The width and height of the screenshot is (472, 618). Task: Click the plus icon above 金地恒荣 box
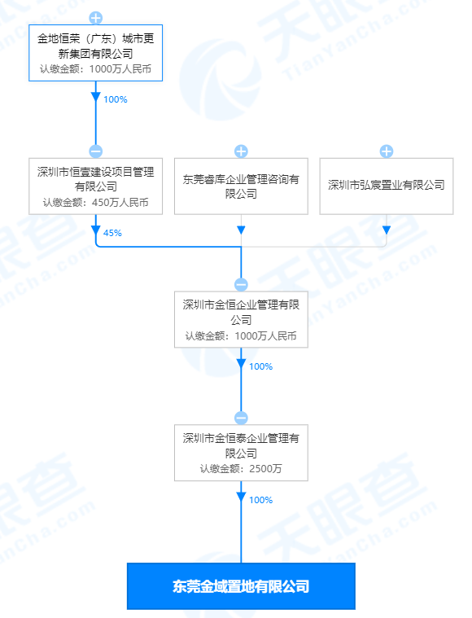click(96, 18)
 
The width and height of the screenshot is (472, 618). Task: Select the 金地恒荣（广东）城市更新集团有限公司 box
click(96, 53)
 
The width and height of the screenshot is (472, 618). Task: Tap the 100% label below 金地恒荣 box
click(115, 99)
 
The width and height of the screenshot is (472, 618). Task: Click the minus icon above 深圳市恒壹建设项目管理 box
click(96, 151)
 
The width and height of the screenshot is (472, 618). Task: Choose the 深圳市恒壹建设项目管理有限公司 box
click(96, 186)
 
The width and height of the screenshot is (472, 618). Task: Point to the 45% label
click(112, 233)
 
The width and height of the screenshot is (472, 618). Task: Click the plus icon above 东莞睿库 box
click(241, 151)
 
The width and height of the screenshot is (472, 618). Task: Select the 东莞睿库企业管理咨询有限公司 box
click(241, 186)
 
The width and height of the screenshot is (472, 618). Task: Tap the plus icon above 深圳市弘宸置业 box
click(387, 151)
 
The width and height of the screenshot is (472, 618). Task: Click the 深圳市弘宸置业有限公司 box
click(387, 186)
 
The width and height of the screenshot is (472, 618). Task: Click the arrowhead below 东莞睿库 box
click(241, 230)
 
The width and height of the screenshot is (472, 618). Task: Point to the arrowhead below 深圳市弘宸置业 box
click(387, 230)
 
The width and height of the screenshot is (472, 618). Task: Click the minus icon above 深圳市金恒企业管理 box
click(241, 284)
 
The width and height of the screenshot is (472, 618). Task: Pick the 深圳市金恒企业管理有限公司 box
click(241, 320)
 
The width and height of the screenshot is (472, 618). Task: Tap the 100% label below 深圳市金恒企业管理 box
click(260, 366)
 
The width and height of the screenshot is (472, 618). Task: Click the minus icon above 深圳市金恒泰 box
click(241, 418)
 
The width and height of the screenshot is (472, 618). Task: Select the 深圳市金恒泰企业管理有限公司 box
click(241, 453)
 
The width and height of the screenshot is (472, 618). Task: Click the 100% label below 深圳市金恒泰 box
click(260, 500)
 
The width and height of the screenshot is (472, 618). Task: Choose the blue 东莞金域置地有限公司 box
click(241, 586)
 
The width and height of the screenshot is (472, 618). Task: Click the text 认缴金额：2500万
click(241, 469)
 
